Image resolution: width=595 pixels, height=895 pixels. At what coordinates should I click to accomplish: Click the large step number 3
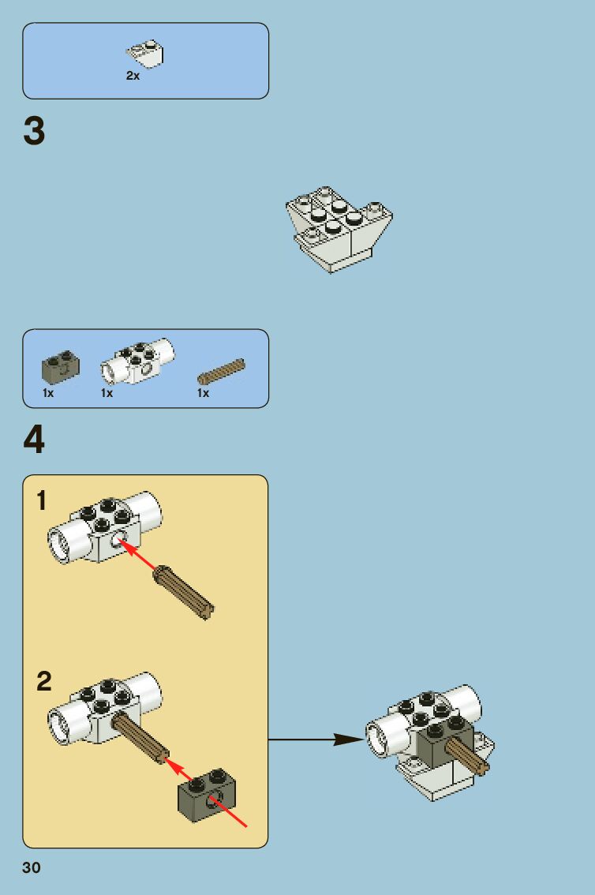(x=34, y=131)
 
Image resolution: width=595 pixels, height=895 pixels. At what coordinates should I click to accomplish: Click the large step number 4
(x=34, y=440)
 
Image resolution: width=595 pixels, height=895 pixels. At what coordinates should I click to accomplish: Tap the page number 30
(x=31, y=868)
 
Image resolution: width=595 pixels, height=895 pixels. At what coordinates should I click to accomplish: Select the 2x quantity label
(x=133, y=77)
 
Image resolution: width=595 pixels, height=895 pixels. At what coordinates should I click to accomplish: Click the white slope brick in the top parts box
(x=145, y=53)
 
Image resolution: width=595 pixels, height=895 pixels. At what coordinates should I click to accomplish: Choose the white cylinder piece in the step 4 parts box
(x=137, y=362)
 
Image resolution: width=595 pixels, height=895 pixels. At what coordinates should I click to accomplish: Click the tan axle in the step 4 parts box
(x=221, y=369)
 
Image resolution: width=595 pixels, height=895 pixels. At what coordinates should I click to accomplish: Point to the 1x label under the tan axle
(x=203, y=393)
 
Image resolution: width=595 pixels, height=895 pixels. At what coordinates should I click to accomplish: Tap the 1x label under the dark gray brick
(x=48, y=393)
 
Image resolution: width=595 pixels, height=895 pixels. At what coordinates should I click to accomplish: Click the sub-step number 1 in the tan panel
(x=42, y=502)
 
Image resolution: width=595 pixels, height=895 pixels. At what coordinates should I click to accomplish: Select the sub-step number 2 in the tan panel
(x=44, y=681)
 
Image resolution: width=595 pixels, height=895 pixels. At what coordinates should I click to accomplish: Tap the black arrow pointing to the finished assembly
(x=316, y=740)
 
